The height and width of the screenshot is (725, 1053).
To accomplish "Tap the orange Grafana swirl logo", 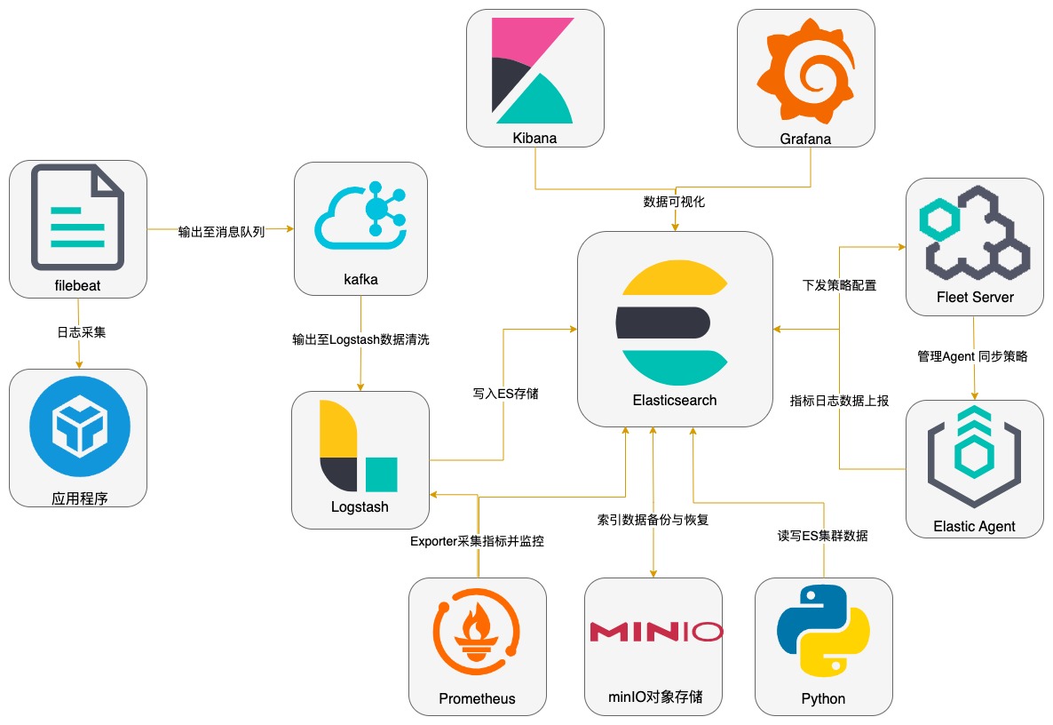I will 806,69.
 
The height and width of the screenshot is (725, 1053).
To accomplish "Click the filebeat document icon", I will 77,217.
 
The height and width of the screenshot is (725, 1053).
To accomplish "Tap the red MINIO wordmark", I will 655,632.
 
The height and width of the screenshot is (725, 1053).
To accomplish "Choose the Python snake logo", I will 822,632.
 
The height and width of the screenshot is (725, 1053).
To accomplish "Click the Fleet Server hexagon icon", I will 974,234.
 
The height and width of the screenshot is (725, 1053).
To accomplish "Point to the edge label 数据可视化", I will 674,202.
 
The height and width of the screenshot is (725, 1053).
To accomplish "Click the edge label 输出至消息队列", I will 221,233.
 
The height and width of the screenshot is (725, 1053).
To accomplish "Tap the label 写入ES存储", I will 503,391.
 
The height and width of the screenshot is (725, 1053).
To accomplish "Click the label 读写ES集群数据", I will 822,536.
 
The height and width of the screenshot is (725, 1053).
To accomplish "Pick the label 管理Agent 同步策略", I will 973,355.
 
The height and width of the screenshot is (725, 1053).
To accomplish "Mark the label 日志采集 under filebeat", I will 78,332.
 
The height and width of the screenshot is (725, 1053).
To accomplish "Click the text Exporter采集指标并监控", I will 477,540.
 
